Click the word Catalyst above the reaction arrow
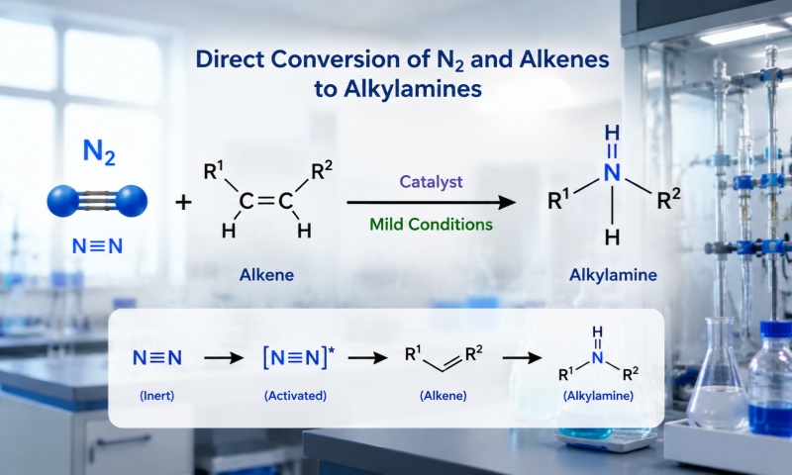[x=431, y=182]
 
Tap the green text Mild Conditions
[x=431, y=224]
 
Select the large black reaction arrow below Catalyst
[x=432, y=203]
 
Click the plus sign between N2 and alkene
[x=183, y=203]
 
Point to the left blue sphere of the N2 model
[x=63, y=201]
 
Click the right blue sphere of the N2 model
[x=131, y=201]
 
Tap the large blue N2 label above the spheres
[x=99, y=152]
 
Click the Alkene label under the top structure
[x=266, y=274]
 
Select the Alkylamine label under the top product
[x=613, y=274]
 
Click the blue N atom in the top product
[x=612, y=172]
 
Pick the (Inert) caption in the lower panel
[x=157, y=395]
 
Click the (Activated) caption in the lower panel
[x=295, y=395]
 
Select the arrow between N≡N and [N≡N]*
[x=224, y=358]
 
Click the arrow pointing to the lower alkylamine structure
[x=522, y=358]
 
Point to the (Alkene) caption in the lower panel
[x=443, y=395]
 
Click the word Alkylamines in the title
[x=413, y=89]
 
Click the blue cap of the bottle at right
[x=774, y=330]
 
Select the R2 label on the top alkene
[x=323, y=171]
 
